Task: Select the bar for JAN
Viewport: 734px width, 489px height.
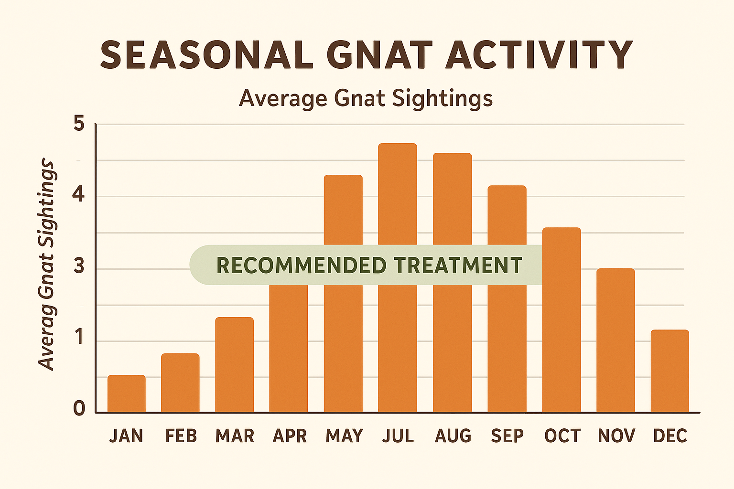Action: coord(126,393)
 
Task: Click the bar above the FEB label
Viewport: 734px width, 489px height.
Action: coord(180,383)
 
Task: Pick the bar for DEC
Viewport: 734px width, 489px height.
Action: coord(670,371)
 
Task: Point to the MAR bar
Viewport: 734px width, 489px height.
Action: coord(234,365)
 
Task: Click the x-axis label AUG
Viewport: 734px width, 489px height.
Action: coord(453,436)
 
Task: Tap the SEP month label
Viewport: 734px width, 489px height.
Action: coord(507,436)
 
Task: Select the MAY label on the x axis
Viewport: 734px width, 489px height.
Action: coord(344,436)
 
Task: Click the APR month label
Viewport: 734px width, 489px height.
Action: coord(290,436)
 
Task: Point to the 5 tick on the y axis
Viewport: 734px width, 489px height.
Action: coord(79,124)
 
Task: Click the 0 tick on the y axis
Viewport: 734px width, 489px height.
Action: coord(79,409)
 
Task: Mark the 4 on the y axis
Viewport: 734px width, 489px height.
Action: coord(79,195)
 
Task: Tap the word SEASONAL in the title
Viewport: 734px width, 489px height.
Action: coord(206,55)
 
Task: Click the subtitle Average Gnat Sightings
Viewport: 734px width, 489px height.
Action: coord(366,98)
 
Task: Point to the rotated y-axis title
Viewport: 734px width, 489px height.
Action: coord(47,265)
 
